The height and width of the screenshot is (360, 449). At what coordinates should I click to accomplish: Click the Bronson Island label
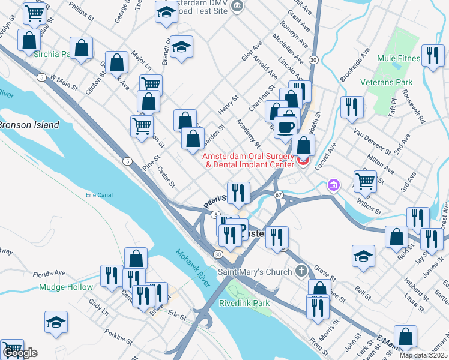point(29,125)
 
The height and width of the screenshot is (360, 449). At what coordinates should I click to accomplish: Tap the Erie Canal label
point(99,195)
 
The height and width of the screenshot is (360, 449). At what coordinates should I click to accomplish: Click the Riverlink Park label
point(244,303)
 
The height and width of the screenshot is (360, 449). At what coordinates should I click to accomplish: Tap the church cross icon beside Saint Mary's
point(301,271)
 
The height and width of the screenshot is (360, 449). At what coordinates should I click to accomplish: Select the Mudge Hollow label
point(65,287)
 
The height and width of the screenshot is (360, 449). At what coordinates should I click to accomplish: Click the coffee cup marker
point(285,127)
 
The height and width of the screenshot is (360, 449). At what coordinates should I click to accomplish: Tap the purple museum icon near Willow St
point(333,187)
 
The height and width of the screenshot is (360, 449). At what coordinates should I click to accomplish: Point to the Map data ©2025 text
point(423,355)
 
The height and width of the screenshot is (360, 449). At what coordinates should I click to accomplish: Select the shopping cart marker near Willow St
point(364,180)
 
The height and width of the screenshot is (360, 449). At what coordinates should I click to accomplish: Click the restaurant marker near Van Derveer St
point(351,107)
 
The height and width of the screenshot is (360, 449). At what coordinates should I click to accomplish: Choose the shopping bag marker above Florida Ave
point(136,258)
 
